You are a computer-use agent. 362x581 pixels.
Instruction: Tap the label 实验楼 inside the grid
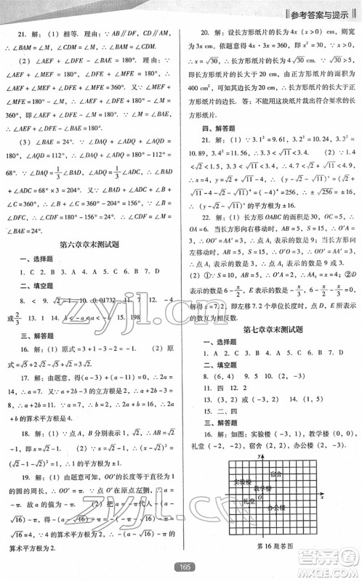pos(241,482)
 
